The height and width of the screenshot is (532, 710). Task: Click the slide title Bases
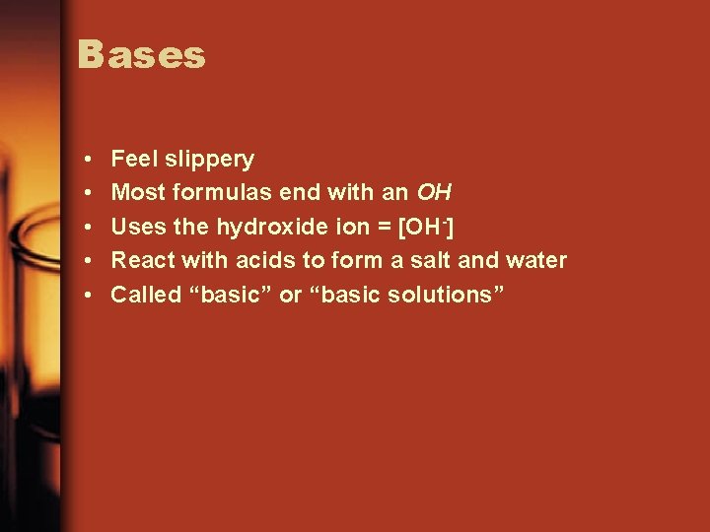[142, 55]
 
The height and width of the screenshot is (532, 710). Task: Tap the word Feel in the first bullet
[132, 159]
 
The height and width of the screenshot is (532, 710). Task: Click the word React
[139, 260]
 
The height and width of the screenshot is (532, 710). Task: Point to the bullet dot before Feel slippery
[89, 160]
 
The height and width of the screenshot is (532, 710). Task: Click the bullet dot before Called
[89, 296]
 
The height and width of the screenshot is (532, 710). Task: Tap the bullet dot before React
[89, 261]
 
